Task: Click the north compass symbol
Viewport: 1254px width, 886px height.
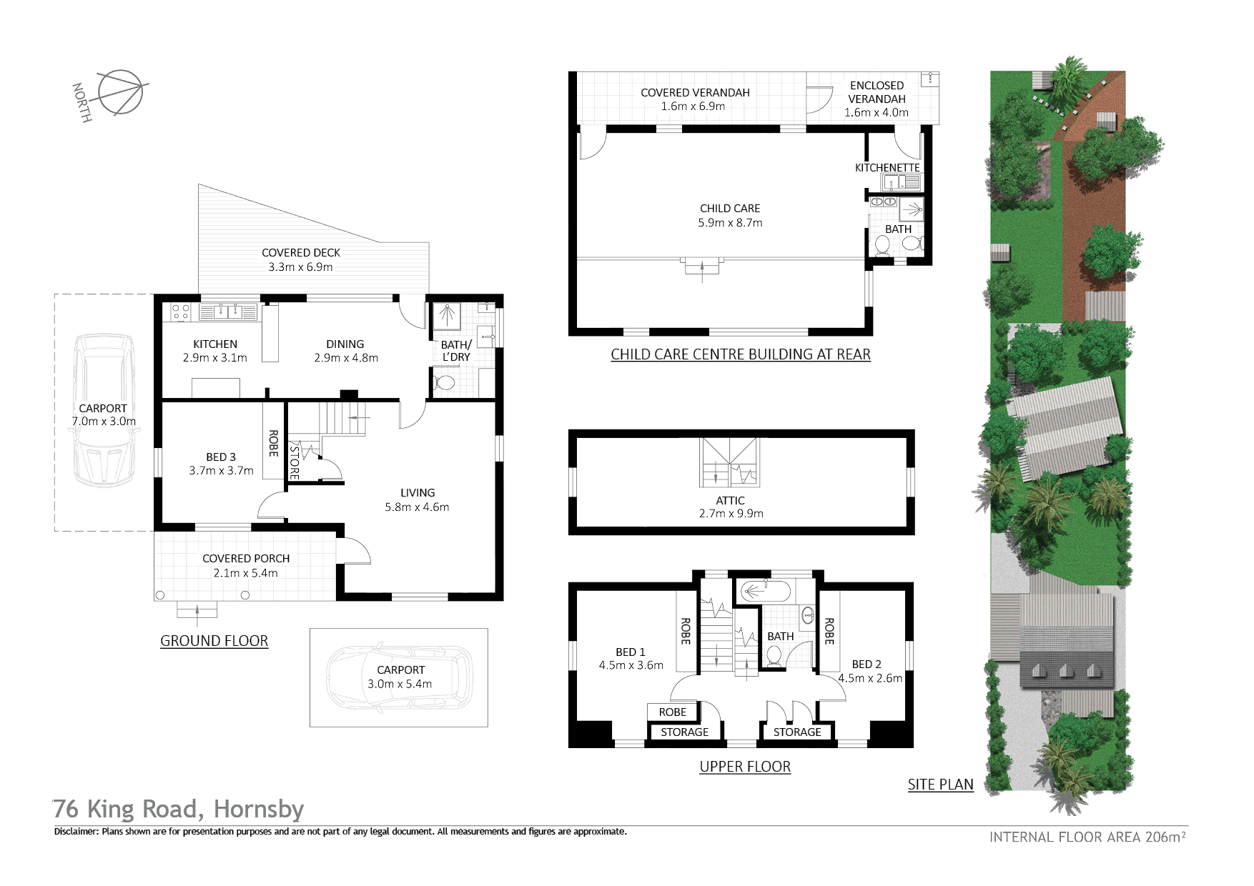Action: click(122, 93)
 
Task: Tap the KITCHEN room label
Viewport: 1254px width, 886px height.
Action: click(215, 344)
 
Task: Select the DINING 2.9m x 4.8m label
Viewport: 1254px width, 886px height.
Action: click(345, 351)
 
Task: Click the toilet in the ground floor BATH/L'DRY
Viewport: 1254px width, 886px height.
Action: click(445, 383)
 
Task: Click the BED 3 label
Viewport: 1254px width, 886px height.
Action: click(221, 457)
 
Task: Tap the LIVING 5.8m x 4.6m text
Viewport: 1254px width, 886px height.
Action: click(417, 500)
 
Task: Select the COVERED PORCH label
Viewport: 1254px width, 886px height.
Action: click(246, 559)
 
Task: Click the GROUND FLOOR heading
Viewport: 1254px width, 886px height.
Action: click(214, 641)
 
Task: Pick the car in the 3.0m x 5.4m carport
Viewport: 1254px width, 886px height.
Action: click(398, 677)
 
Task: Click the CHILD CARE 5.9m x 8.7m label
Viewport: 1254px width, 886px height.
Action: click(730, 216)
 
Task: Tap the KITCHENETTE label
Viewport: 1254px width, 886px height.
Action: click(887, 168)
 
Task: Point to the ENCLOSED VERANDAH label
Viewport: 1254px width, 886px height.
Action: click(877, 92)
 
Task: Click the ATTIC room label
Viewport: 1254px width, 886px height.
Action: click(730, 501)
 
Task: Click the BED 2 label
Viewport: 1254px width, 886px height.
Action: click(867, 664)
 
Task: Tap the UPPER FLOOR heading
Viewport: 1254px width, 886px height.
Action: click(745, 767)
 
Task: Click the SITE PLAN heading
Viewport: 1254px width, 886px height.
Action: click(941, 785)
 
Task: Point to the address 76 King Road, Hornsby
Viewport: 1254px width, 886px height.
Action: click(179, 810)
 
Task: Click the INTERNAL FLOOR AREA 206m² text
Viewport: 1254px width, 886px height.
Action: click(1088, 837)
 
